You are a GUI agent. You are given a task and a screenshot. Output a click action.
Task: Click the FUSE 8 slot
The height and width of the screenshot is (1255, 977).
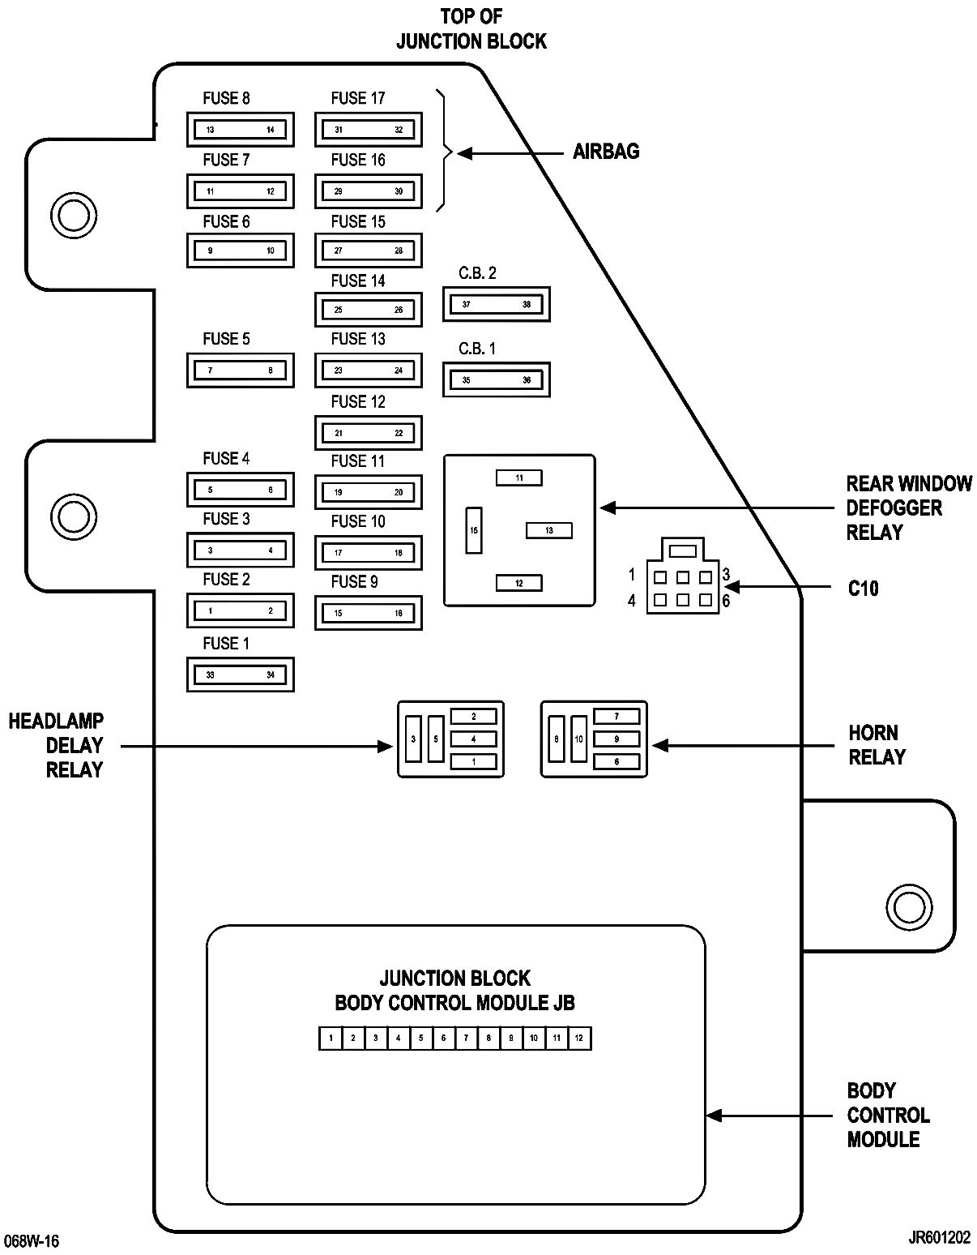[x=240, y=130]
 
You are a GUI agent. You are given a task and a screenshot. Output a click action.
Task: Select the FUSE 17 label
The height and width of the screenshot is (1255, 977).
[x=358, y=98]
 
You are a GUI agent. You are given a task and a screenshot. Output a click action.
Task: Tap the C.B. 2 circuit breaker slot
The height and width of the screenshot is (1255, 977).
[x=497, y=304]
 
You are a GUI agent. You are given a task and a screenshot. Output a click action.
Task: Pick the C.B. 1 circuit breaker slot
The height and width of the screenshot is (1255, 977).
[x=497, y=380]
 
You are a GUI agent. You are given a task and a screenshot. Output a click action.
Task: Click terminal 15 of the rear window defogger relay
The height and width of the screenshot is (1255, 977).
[x=474, y=530]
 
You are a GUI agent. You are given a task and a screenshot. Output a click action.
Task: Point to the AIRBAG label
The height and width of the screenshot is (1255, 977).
[x=606, y=152]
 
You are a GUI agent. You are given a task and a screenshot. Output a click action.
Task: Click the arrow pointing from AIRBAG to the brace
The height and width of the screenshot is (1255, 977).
[x=510, y=153]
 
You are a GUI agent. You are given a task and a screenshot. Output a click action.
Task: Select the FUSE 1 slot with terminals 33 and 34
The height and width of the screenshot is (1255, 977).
[x=240, y=675]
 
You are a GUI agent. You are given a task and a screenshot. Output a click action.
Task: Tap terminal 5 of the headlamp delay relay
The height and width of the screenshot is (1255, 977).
[x=436, y=739]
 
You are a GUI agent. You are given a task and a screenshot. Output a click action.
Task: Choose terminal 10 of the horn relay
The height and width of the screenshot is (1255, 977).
[x=578, y=739]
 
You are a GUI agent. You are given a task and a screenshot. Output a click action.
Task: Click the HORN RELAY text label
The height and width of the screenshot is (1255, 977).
[x=877, y=744]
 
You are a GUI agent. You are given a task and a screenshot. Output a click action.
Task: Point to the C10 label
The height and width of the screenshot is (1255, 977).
[x=864, y=589]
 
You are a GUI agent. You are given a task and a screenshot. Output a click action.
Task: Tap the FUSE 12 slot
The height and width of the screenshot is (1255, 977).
[x=368, y=433]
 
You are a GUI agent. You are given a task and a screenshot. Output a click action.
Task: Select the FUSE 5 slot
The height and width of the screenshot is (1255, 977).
[x=240, y=371]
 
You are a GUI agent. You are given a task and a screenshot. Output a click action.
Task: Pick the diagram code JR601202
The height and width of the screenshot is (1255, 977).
[x=940, y=1238]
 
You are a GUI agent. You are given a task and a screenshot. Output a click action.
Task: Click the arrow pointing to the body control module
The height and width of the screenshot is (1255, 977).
[x=770, y=1116]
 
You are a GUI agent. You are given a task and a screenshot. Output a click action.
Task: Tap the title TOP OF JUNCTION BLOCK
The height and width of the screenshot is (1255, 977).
[x=471, y=29]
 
